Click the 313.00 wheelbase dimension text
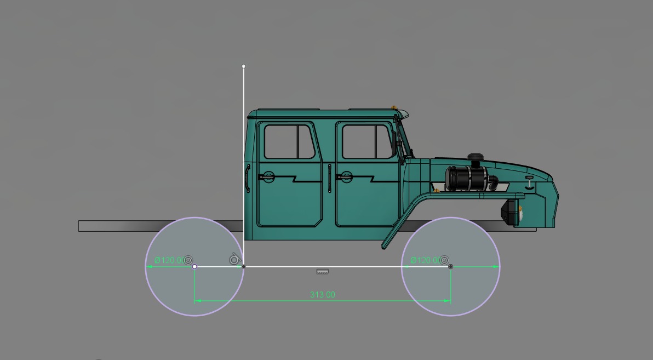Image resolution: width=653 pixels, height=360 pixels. pyautogui.click(x=322, y=295)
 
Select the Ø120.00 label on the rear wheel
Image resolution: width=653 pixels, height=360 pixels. pyautogui.click(x=169, y=260)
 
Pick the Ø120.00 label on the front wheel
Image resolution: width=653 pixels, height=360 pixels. pyautogui.click(x=425, y=260)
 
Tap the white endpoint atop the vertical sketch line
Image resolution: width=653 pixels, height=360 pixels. pyautogui.click(x=244, y=66)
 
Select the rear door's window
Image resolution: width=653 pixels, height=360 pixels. pyautogui.click(x=289, y=141)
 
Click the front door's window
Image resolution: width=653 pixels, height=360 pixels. pyautogui.click(x=368, y=141)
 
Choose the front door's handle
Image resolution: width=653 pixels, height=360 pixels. pyautogui.click(x=345, y=176)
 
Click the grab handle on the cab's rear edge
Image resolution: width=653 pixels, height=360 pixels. pyautogui.click(x=248, y=178)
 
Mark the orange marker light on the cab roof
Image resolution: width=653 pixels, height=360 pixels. pyautogui.click(x=393, y=106)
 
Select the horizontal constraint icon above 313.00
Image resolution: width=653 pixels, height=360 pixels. pyautogui.click(x=322, y=271)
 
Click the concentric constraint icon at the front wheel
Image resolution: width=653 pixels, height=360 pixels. pyautogui.click(x=445, y=260)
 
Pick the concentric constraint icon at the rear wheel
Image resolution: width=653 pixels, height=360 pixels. pyautogui.click(x=189, y=260)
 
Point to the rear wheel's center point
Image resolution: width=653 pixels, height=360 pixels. pyautogui.click(x=194, y=267)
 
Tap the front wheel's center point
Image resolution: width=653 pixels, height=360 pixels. pyautogui.click(x=451, y=267)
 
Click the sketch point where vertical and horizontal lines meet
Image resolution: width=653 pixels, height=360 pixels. pyautogui.click(x=244, y=267)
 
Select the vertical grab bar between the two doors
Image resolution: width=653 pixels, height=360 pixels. pyautogui.click(x=329, y=178)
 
